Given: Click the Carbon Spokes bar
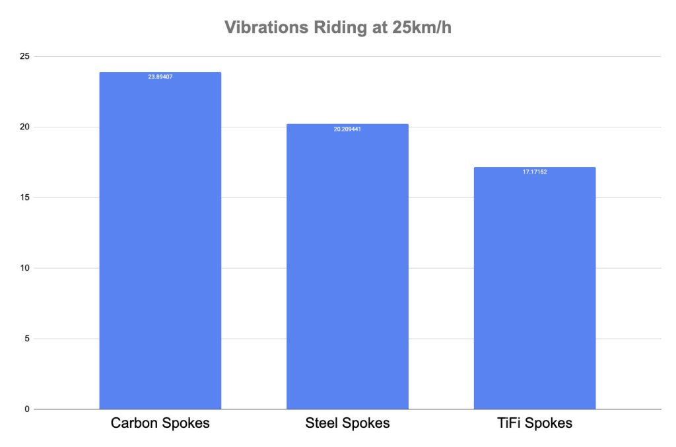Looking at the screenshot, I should pos(160,241).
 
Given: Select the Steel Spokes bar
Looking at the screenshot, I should pos(347,267).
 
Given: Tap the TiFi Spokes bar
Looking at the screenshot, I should pos(535,289).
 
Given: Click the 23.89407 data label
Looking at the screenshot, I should pos(160,77).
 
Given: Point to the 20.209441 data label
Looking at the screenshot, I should pos(347,129).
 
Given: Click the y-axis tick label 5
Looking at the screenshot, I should pos(26,339).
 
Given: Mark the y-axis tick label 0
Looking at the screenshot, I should pos(26,409).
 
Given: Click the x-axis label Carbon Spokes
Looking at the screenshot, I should pos(160,423).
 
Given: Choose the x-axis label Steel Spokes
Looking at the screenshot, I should pos(347,423).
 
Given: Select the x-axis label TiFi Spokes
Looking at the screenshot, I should pos(535,423).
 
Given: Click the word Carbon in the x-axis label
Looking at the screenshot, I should pos(135,423).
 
